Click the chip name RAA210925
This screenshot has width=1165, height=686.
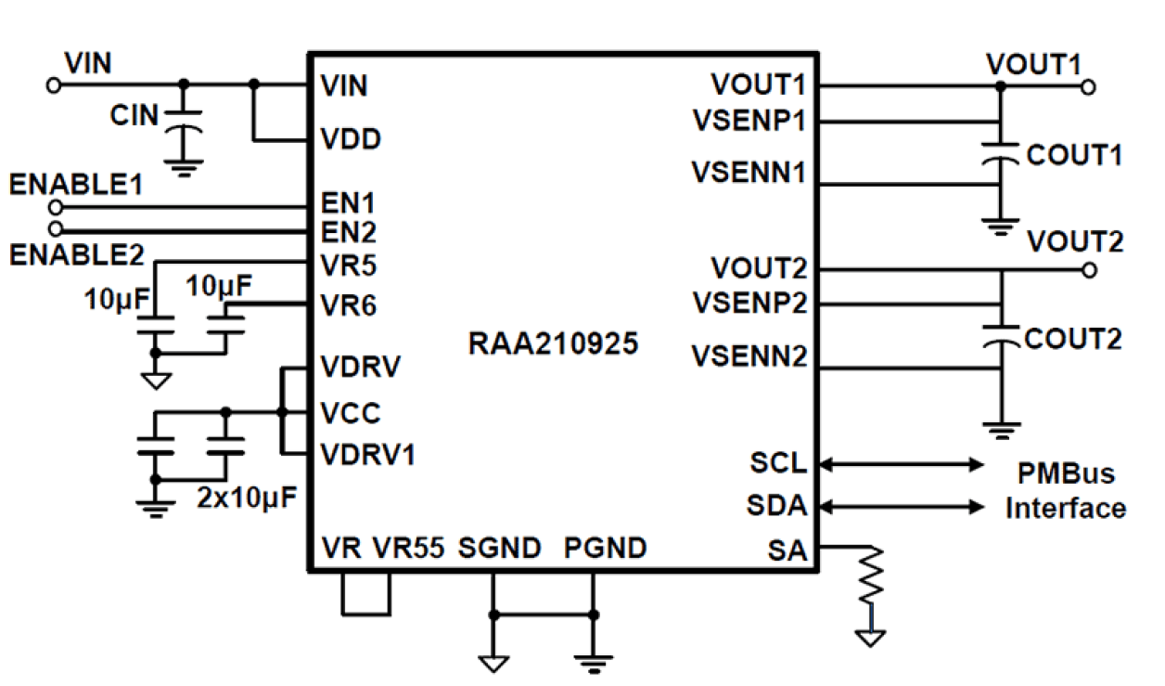coord(553,345)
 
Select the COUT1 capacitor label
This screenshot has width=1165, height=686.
coord(1073,155)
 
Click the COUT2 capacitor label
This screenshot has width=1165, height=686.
coord(1073,339)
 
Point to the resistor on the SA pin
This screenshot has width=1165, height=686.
coord(871,577)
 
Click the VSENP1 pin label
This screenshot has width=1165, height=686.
coord(748,121)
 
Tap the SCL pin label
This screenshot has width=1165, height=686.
coord(778,461)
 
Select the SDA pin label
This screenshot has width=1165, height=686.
coord(776,506)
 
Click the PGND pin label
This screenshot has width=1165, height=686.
coord(605,549)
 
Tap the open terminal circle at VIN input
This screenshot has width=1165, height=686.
coord(53,85)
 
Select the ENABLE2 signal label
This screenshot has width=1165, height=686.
coord(75,254)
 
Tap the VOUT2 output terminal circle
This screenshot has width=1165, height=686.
coord(1089,270)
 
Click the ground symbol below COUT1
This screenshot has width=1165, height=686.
coord(1000,227)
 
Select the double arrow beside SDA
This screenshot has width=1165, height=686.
coord(902,506)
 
